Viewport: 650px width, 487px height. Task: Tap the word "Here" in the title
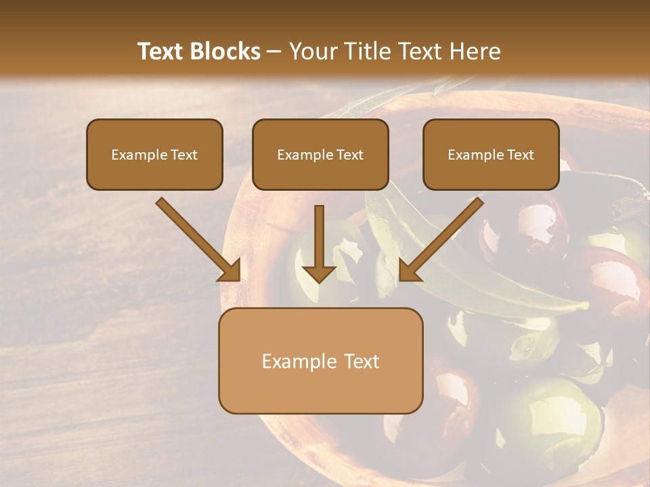point(474,51)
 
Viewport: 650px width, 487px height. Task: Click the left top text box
point(154,154)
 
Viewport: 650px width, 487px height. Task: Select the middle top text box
point(320,154)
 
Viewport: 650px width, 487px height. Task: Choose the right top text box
point(491,154)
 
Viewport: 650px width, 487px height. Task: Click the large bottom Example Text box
point(320,361)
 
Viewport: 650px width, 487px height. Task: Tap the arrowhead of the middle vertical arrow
point(319,272)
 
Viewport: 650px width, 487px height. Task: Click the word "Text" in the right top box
point(520,155)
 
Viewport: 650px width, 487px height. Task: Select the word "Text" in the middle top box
point(349,155)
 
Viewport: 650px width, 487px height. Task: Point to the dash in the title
point(274,52)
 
